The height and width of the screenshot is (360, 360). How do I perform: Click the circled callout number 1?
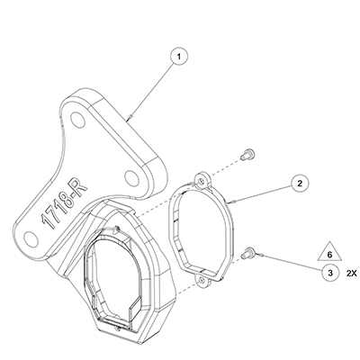click(179, 57)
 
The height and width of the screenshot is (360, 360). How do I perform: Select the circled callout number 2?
click(300, 183)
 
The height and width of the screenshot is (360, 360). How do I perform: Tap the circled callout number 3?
click(330, 273)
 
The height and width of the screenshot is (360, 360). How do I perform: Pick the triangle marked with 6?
click(329, 252)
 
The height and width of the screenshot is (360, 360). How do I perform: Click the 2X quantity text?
click(351, 274)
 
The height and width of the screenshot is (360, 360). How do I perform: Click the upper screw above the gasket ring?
click(247, 154)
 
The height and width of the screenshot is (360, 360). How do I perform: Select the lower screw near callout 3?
click(247, 253)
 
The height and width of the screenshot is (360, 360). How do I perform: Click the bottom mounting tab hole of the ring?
click(202, 280)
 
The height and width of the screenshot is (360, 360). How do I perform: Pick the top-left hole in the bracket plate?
click(77, 119)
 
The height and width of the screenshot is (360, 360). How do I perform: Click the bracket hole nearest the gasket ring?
click(131, 178)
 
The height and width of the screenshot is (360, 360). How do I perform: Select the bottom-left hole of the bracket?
click(31, 239)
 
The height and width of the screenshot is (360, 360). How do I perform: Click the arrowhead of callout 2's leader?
click(229, 202)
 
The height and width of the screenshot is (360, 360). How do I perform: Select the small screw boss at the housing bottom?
click(119, 328)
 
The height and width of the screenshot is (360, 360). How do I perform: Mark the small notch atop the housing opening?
click(118, 229)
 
